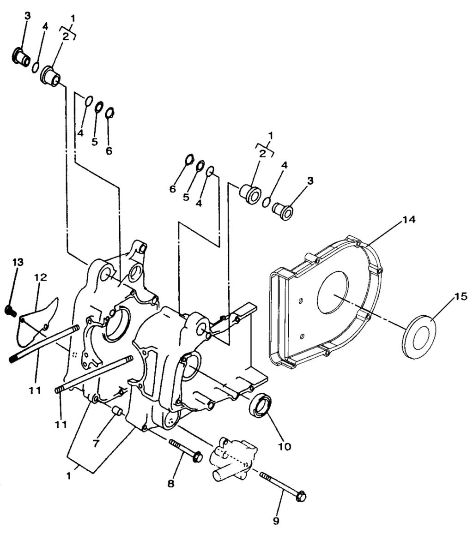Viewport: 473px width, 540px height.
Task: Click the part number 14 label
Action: click(x=408, y=220)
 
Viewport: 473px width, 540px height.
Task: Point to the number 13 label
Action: click(x=18, y=262)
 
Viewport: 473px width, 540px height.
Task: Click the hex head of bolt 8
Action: click(x=197, y=457)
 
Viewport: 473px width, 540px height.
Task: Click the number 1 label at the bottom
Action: click(x=68, y=475)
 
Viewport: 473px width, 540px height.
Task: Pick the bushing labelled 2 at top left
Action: click(x=51, y=76)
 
